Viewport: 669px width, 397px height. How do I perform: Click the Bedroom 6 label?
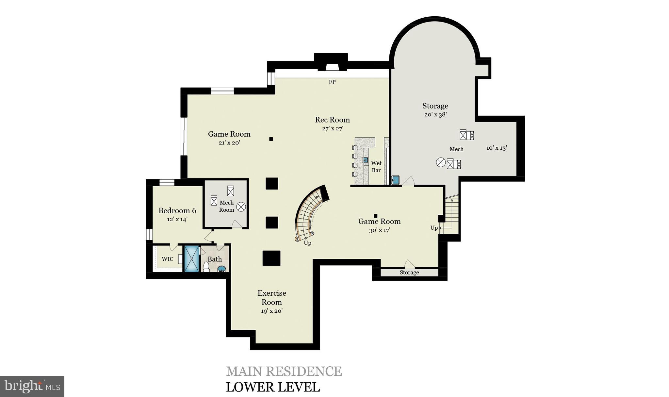(x=177, y=211)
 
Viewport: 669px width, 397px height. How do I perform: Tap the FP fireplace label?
(x=332, y=82)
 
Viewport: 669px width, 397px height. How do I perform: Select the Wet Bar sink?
(x=366, y=160)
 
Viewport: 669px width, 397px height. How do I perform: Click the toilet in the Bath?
(x=206, y=267)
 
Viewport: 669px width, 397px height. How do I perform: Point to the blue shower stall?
(x=191, y=258)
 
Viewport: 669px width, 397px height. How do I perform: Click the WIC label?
(x=168, y=259)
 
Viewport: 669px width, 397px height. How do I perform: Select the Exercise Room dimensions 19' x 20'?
(x=271, y=311)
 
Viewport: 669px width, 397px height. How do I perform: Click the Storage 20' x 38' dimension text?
(x=435, y=115)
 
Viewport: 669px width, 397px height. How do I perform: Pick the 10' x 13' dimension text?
(x=496, y=148)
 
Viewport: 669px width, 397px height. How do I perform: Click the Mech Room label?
(x=226, y=206)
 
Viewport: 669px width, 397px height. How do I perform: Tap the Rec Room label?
(x=332, y=120)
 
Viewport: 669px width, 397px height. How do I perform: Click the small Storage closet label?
(x=409, y=273)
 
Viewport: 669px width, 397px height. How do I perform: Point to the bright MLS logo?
(x=32, y=386)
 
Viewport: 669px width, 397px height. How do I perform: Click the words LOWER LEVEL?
(x=273, y=387)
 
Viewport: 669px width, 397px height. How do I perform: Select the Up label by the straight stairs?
(x=434, y=228)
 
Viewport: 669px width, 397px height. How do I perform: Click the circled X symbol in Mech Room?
(x=241, y=207)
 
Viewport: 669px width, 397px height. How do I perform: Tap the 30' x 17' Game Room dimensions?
(x=380, y=230)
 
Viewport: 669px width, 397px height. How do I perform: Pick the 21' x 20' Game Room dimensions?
(x=229, y=143)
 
